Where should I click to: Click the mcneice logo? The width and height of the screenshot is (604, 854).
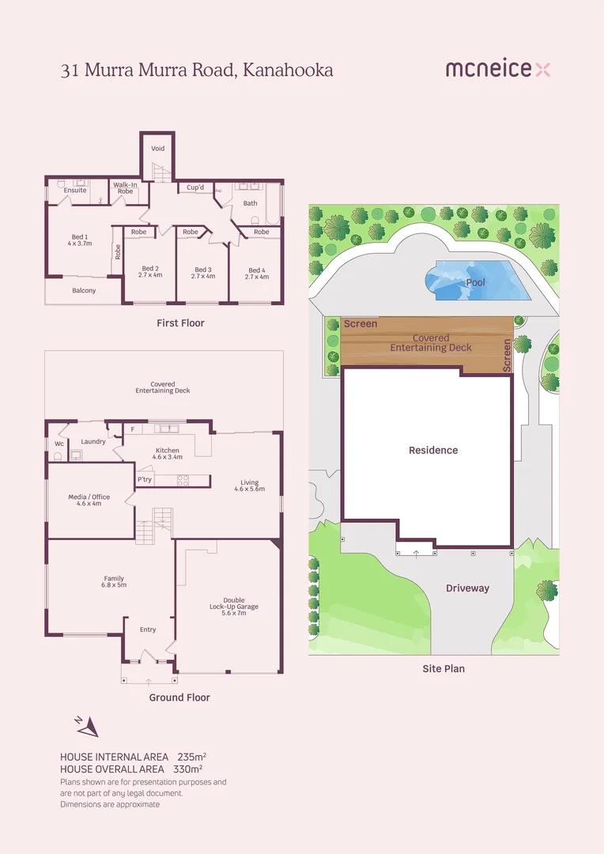(x=497, y=70)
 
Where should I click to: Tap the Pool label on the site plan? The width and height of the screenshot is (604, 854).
(x=476, y=282)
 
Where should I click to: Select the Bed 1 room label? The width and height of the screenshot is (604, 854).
(x=80, y=240)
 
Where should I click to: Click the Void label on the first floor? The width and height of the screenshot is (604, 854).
(x=157, y=149)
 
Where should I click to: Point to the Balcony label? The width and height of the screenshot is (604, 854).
(x=84, y=291)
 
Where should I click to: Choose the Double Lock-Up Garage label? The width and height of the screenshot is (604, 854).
(x=228, y=606)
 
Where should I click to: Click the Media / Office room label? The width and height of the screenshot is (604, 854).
(x=89, y=500)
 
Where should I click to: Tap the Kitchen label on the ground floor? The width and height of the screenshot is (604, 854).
(x=167, y=453)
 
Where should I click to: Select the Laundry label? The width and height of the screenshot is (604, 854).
(x=93, y=441)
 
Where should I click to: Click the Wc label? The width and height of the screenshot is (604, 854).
(x=59, y=444)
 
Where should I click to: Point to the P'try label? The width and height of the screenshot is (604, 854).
(x=145, y=479)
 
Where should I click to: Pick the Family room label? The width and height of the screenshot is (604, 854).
(x=115, y=582)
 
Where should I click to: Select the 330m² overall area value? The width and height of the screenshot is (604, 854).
(x=188, y=769)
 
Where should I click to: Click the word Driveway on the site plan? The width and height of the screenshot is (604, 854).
(x=467, y=588)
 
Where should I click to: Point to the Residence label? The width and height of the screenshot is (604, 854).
(x=433, y=450)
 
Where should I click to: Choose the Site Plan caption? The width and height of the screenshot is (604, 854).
(x=443, y=669)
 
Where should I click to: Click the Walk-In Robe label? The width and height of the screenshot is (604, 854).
(x=125, y=188)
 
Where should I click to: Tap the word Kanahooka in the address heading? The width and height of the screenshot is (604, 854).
(x=289, y=70)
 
